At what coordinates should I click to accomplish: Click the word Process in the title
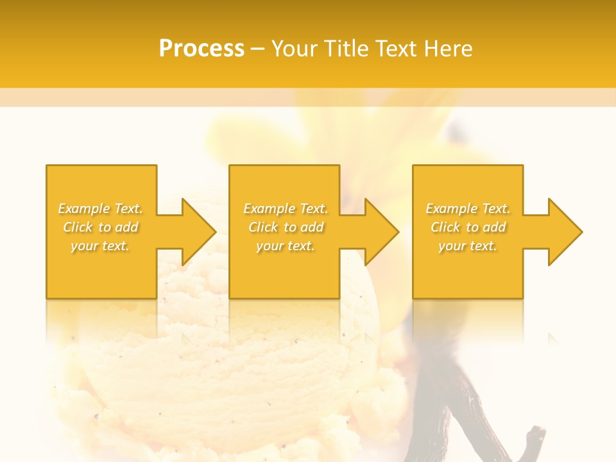(x=201, y=49)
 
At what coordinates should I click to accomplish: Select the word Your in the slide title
(x=295, y=49)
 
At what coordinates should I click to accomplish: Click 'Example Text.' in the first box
(x=101, y=209)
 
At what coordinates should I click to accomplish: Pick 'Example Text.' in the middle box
(x=286, y=209)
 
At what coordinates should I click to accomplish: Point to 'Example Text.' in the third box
(x=468, y=209)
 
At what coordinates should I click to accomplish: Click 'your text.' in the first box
(x=100, y=246)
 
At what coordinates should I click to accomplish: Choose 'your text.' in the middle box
(x=286, y=246)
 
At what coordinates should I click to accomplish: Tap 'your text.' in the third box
(x=468, y=246)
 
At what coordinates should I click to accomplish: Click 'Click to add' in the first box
(x=101, y=227)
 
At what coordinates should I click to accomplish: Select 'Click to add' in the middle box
(x=286, y=227)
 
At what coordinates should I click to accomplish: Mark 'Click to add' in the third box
(x=468, y=227)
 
